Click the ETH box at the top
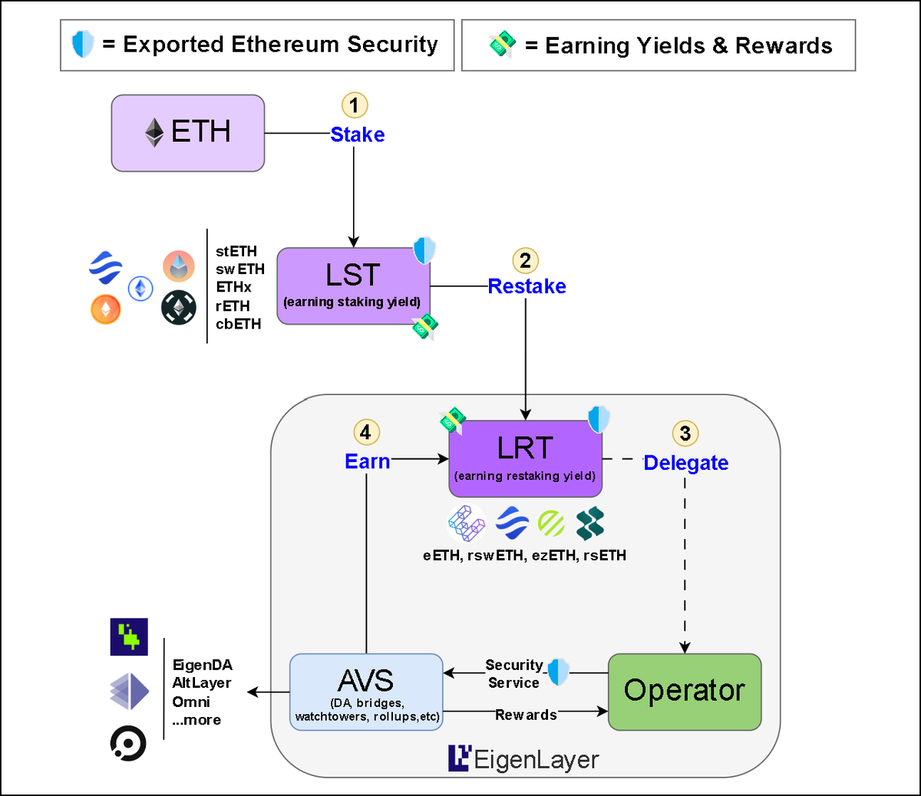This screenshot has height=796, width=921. point(188,133)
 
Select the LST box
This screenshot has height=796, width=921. point(353,286)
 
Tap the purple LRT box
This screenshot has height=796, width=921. point(525,458)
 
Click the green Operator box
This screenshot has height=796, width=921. point(684,692)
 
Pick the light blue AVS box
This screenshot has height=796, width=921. point(366,692)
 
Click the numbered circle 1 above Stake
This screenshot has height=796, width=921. point(354,105)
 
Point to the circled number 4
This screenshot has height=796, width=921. point(365,432)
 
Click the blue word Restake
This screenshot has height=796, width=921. point(527,286)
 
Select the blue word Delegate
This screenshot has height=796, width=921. point(685,463)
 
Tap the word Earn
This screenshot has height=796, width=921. point(367,461)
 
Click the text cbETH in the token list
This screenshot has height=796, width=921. point(238,324)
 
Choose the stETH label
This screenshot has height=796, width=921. point(236,252)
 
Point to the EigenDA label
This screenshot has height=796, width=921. point(202,665)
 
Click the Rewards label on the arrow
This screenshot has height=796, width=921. point(526,715)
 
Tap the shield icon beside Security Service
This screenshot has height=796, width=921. point(558,672)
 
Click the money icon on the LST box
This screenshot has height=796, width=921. point(424,327)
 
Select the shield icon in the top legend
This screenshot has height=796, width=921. point(82,45)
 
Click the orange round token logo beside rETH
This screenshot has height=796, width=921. point(106,309)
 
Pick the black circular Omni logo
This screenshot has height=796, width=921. point(128,743)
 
